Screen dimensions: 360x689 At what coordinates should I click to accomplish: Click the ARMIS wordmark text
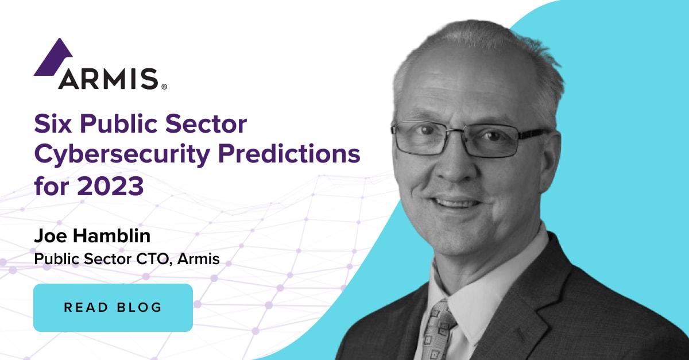[x=107, y=79]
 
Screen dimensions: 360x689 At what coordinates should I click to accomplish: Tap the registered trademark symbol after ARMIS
[x=164, y=87]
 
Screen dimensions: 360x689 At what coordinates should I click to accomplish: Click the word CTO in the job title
[x=152, y=259]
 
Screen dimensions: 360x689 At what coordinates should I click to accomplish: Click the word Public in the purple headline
[x=117, y=124]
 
